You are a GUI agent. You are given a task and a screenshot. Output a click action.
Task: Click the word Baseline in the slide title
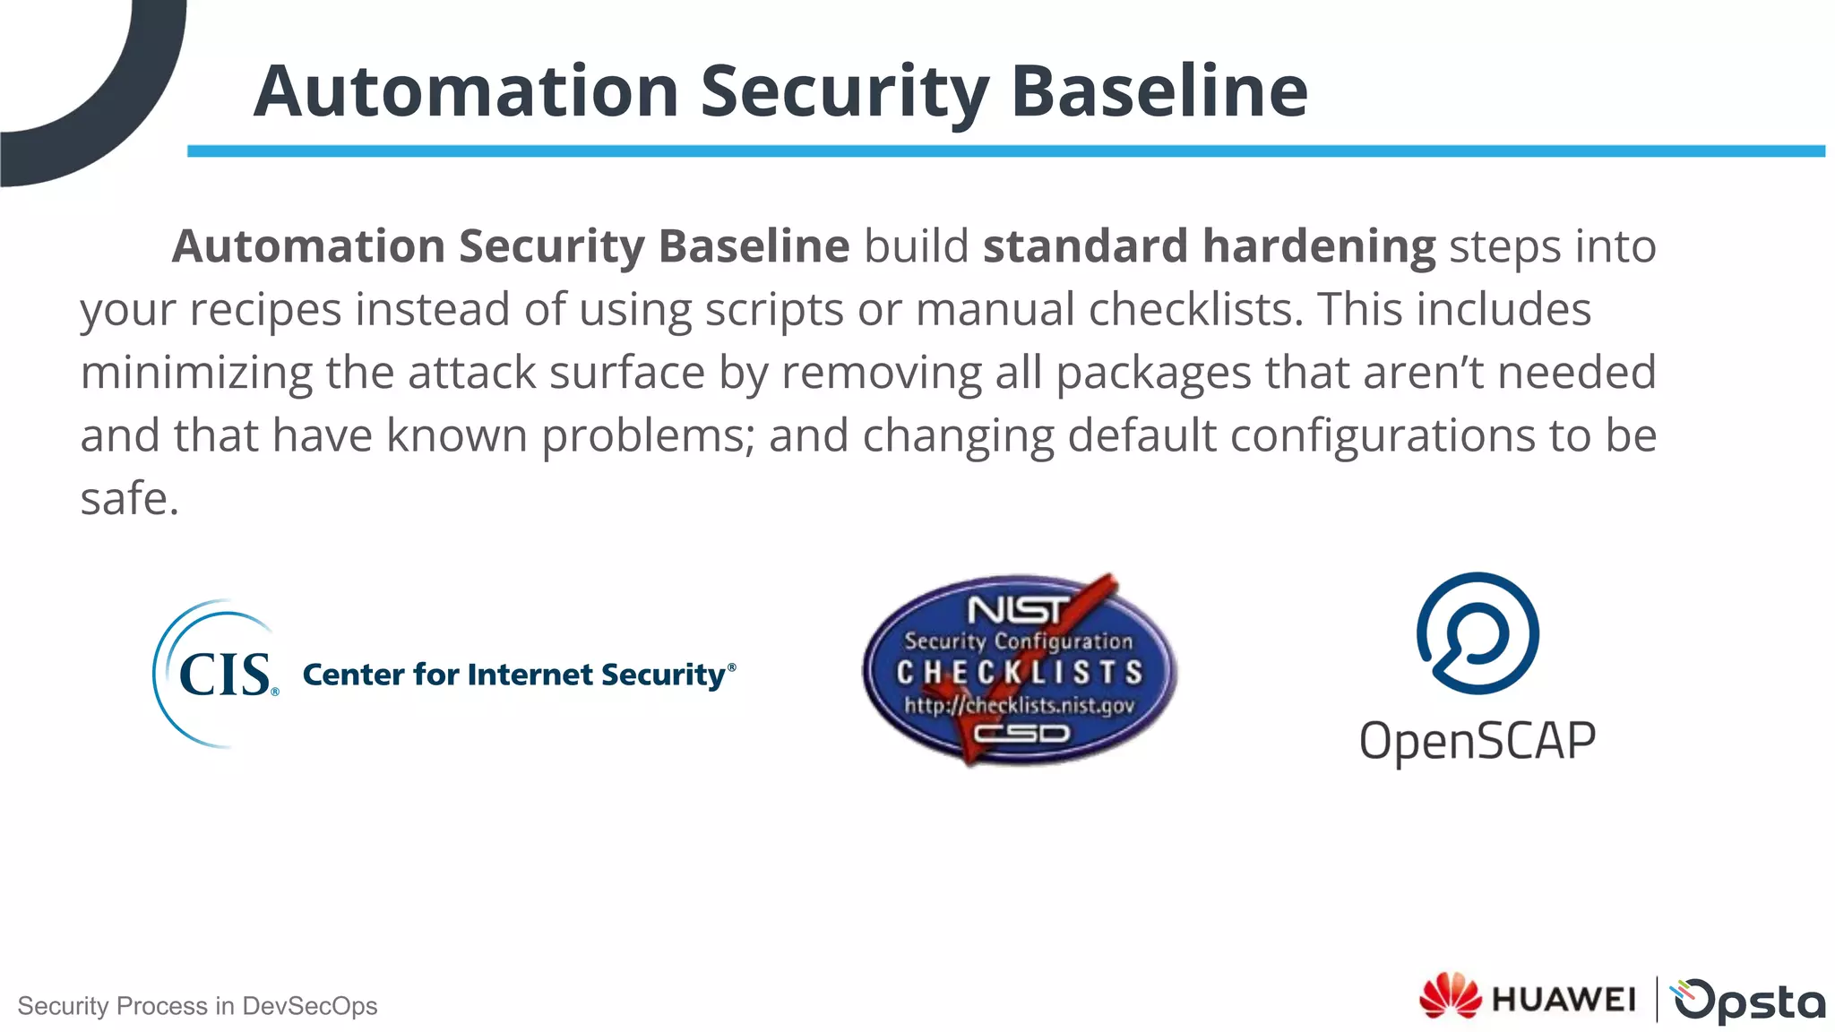pos(1159,91)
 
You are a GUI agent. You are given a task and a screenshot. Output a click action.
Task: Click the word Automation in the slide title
pos(466,91)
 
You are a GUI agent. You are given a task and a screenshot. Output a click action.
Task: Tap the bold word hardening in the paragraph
pos(1319,247)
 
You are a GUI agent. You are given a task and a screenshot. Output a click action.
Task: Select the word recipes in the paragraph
pos(266,310)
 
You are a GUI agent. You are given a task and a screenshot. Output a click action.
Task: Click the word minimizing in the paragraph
pos(196,373)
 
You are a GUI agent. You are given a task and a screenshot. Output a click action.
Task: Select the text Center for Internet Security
pos(518,675)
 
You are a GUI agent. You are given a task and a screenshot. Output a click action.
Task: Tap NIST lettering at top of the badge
pos(1017,610)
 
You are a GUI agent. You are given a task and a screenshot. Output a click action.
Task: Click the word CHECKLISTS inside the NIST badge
pos(1020,672)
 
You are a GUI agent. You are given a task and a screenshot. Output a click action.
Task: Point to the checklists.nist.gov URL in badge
pos(1020,705)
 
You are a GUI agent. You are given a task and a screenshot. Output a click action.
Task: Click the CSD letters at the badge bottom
pos(1021,734)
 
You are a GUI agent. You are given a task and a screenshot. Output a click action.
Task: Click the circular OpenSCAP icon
pos(1477,633)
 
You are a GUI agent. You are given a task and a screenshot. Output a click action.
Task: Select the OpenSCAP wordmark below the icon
pos(1477,741)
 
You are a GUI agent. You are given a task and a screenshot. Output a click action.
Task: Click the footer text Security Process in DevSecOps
pos(197,1006)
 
